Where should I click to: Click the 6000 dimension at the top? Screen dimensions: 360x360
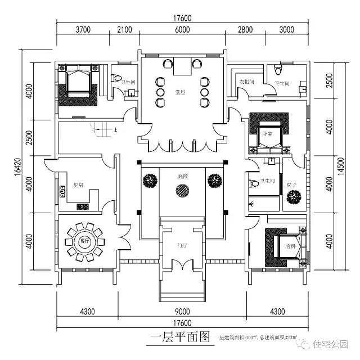182,31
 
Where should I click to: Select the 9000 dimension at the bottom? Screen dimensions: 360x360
182,310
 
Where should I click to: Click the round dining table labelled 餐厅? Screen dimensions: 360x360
85,241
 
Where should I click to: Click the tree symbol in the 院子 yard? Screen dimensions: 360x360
292,197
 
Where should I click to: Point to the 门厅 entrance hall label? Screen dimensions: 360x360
182,245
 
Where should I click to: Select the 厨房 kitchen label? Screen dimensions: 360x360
78,185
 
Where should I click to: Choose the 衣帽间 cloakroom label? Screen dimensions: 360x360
247,82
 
